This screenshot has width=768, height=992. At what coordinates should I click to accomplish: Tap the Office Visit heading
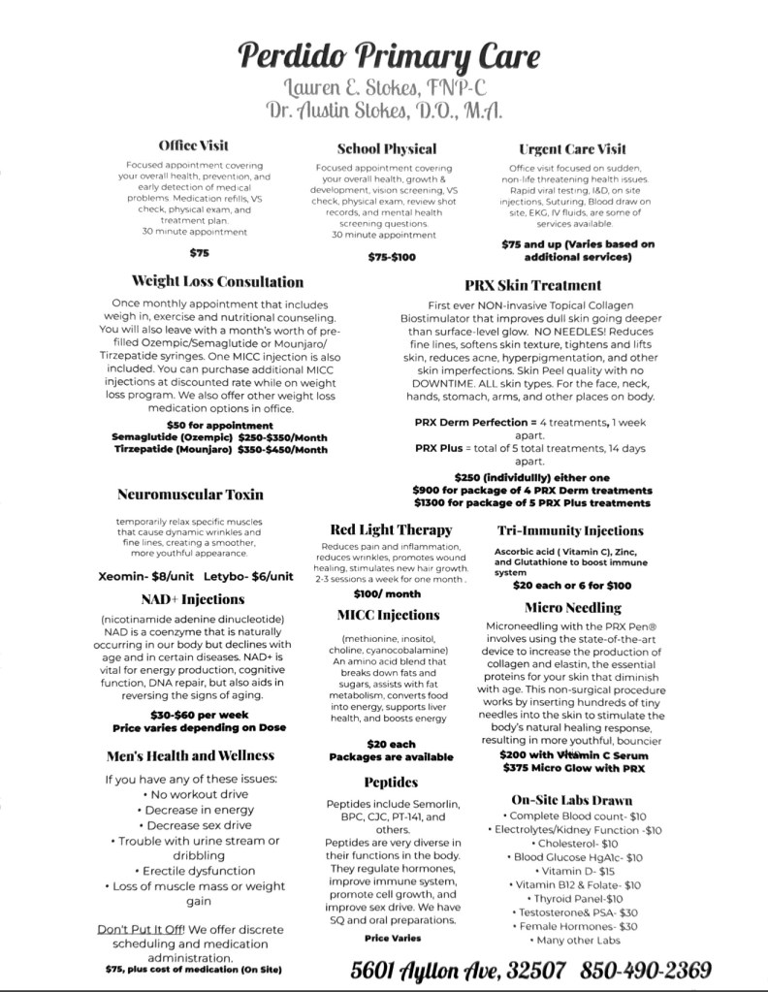193,145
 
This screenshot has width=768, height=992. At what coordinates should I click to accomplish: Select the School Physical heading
386,148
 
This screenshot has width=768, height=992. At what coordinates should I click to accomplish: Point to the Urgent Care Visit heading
573,148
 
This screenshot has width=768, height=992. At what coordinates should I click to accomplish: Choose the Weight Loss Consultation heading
217,282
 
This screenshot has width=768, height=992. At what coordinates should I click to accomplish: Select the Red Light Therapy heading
391,529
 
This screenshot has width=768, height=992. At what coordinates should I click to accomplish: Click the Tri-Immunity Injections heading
570,530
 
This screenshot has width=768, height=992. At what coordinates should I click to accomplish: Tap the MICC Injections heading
389,615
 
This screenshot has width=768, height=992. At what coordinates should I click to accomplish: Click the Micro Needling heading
573,607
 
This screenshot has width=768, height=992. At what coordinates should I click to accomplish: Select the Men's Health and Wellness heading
191,755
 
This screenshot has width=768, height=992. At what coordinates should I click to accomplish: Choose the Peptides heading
391,781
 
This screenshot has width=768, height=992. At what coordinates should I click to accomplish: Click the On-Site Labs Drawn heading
571,800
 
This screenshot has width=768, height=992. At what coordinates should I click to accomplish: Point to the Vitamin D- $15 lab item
569,871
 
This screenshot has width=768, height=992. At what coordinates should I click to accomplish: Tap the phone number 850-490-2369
646,969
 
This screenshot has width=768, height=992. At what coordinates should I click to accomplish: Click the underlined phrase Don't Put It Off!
142,929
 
